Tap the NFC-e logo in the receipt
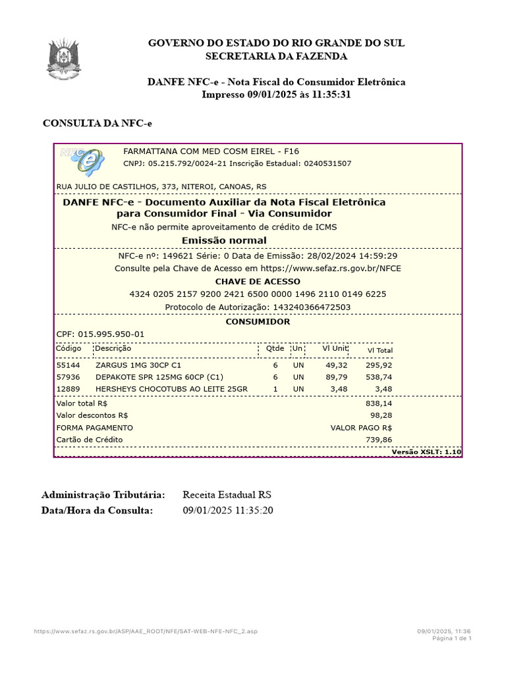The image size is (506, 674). pyautogui.click(x=82, y=160)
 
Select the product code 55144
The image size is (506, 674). pyautogui.click(x=68, y=365)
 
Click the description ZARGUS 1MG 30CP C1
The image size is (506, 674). pyautogui.click(x=138, y=365)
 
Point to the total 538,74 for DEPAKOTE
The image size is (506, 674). pyautogui.click(x=379, y=377)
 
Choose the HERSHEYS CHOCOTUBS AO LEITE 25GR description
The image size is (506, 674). pyautogui.click(x=171, y=389)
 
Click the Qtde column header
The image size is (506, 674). pyautogui.click(x=275, y=348)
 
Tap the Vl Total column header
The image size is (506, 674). pyautogui.click(x=379, y=350)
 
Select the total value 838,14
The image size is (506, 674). pyautogui.click(x=379, y=403)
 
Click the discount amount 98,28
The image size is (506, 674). pyautogui.click(x=381, y=415)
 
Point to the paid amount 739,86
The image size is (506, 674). pyautogui.click(x=379, y=440)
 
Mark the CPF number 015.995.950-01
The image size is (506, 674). pyautogui.click(x=111, y=334)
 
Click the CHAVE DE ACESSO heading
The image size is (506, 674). pyautogui.click(x=258, y=282)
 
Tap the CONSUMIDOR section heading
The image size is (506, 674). pyautogui.click(x=258, y=322)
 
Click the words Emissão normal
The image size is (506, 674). pyautogui.click(x=224, y=240)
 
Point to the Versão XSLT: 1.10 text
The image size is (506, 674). pyautogui.click(x=426, y=452)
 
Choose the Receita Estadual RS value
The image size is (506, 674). pyautogui.click(x=227, y=495)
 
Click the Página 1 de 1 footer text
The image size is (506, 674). pyautogui.click(x=451, y=638)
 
